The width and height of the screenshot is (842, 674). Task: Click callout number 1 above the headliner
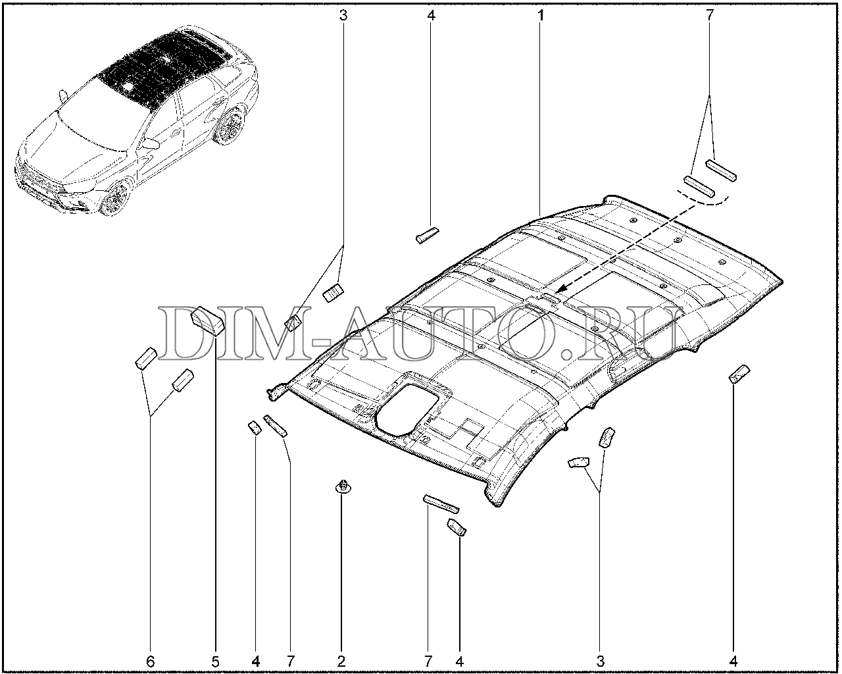tap(540, 15)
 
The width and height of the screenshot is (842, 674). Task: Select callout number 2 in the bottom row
tap(341, 661)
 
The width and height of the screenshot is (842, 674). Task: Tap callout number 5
tap(216, 661)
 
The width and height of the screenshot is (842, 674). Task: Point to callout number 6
tap(151, 661)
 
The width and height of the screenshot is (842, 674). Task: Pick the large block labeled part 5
tap(208, 321)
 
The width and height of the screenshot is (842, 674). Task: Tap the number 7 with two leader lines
tap(710, 15)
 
